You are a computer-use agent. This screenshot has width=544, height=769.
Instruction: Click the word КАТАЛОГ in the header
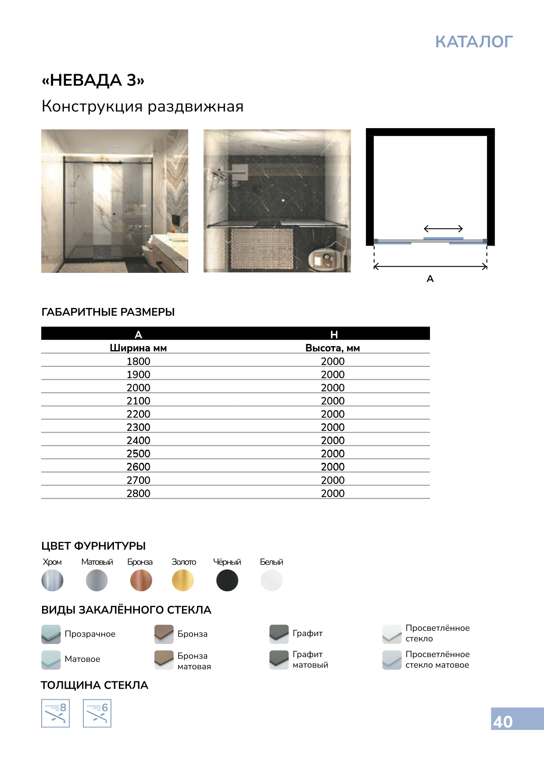point(474,42)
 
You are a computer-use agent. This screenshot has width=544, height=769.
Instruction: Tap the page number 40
point(503,722)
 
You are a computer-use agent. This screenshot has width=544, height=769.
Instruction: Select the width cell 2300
point(138,427)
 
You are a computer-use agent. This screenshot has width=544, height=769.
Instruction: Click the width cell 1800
point(138,361)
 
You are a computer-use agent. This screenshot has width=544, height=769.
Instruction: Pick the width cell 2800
point(138,494)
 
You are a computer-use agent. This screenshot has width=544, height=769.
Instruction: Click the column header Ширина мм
point(138,348)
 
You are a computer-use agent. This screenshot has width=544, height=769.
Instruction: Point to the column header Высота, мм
point(333,348)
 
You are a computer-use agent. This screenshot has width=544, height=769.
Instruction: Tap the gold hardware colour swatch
point(183,580)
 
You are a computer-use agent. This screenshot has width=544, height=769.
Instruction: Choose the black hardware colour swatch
point(227,580)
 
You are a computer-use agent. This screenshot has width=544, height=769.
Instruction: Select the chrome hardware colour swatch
point(52,580)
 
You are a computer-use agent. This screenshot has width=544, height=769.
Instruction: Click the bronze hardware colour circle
point(141,580)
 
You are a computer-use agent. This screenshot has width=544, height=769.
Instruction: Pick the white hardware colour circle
point(272,580)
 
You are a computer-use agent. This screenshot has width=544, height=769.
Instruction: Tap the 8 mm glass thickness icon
point(55,713)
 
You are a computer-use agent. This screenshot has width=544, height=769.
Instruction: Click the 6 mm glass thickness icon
point(97,713)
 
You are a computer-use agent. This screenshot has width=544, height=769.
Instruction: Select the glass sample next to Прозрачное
point(51,634)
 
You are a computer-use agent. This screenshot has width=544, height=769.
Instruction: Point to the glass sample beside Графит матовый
point(279,659)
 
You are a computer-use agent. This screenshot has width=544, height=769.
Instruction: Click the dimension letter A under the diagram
point(430,279)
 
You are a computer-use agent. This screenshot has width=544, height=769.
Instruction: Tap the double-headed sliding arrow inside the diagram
point(443,229)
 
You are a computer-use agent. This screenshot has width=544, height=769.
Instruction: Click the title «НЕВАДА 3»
point(93,80)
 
